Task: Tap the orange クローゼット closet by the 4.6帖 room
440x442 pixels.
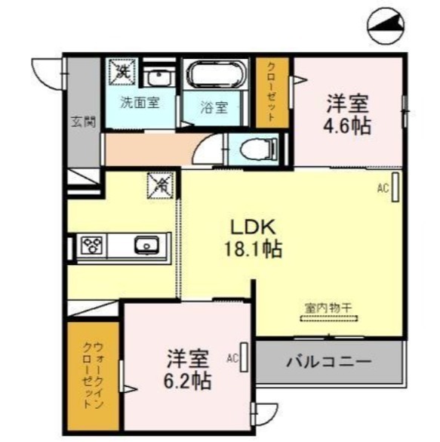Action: click(273, 91)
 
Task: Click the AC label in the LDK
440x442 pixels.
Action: click(383, 190)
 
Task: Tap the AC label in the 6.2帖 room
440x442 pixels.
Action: click(232, 357)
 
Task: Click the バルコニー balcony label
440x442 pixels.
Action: click(328, 361)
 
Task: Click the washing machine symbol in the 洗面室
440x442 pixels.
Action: click(122, 72)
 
